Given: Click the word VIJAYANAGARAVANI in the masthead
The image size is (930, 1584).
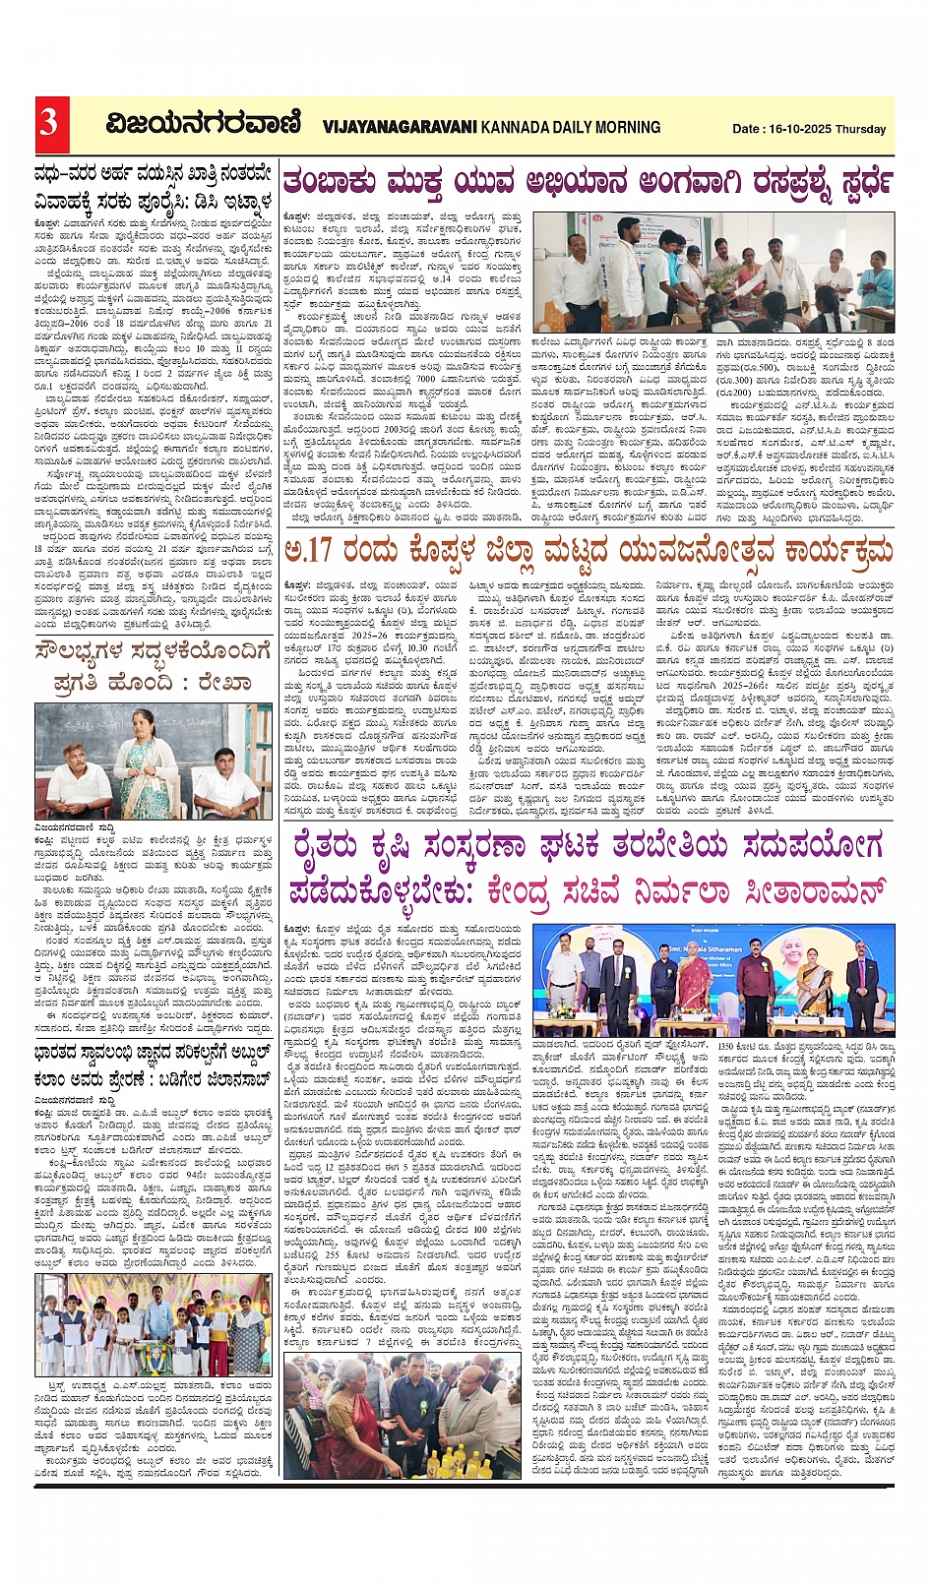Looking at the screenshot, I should pos(400,127).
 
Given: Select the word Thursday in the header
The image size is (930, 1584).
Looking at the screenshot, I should pos(861,129).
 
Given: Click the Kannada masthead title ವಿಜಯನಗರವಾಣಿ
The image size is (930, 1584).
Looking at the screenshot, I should pos(203,125).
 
